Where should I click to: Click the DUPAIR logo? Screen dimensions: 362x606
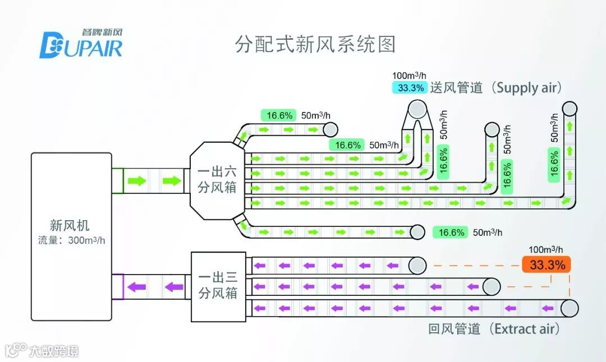(x=81, y=44)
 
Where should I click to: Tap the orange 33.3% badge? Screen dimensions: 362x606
(x=547, y=264)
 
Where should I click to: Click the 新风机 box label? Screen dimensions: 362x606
(x=70, y=225)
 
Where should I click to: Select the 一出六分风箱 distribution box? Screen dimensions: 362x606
(x=217, y=180)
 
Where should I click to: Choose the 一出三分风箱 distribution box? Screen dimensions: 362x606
(x=218, y=285)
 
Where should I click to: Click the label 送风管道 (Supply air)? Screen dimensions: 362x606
(x=496, y=87)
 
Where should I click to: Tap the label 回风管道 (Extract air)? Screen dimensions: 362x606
(x=494, y=328)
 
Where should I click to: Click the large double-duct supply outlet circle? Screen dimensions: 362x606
(x=417, y=108)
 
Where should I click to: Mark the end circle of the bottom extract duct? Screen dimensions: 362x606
(x=569, y=308)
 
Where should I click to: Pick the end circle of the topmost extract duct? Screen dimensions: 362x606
(x=417, y=266)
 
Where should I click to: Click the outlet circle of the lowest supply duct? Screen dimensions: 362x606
(x=417, y=231)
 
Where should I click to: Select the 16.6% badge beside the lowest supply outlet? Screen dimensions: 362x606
(x=451, y=232)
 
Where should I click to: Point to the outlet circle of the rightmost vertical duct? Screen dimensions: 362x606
(x=570, y=108)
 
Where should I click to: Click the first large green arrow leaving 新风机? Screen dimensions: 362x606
(x=137, y=181)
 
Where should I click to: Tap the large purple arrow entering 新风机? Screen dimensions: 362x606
(x=136, y=287)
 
